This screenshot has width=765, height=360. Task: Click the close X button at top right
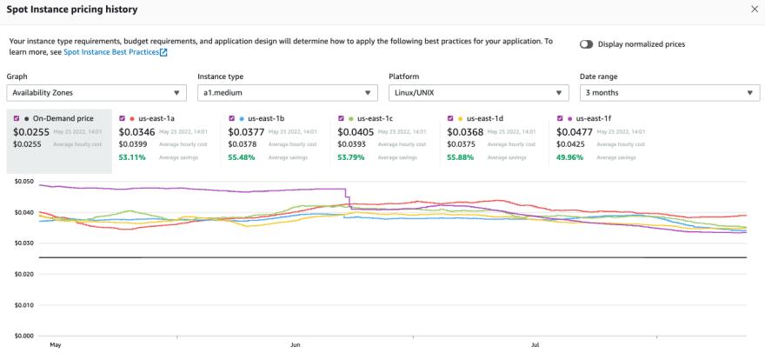click(x=754, y=9)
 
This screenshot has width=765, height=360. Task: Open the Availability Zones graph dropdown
click(x=96, y=93)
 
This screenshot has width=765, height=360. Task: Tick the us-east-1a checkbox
click(x=123, y=118)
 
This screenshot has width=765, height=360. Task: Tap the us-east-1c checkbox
click(x=341, y=118)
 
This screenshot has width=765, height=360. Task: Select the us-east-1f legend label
click(x=593, y=118)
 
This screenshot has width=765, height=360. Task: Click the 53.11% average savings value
click(x=130, y=157)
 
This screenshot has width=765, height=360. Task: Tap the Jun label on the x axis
click(x=296, y=345)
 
